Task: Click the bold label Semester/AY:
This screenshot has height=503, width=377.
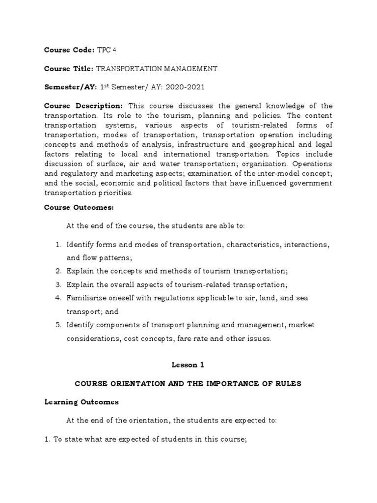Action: pyautogui.click(x=70, y=87)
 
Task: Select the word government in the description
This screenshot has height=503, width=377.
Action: pyautogui.click(x=309, y=183)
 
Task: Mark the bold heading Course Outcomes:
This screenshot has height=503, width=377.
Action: pyautogui.click(x=79, y=208)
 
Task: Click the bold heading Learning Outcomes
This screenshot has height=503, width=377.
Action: pyautogui.click(x=81, y=402)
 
